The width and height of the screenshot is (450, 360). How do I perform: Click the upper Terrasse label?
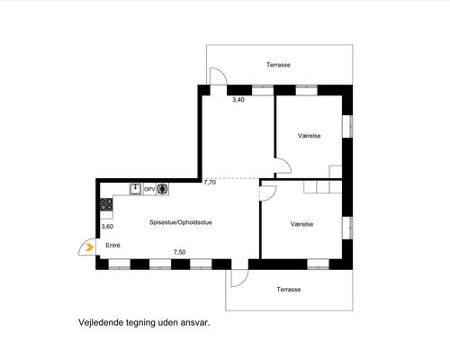coord(278,65)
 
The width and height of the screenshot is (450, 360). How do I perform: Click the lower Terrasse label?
coord(289,289)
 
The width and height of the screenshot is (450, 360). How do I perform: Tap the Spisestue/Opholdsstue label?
coord(181,221)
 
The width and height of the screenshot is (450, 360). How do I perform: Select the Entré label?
coord(113,245)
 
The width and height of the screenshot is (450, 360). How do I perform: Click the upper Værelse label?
coord(310,136)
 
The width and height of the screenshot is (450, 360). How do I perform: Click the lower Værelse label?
coord(302,223)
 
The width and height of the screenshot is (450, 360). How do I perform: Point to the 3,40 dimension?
coord(238,100)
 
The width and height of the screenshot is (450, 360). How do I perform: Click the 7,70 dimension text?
coord(210,183)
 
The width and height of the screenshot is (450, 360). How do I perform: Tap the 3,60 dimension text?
coord(107,227)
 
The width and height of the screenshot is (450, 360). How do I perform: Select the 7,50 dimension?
coord(179,253)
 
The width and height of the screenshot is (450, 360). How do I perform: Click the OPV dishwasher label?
coord(149,189)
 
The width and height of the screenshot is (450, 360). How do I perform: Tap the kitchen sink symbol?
coord(136,189)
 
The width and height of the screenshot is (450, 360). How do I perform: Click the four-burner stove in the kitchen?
coord(107,208)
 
